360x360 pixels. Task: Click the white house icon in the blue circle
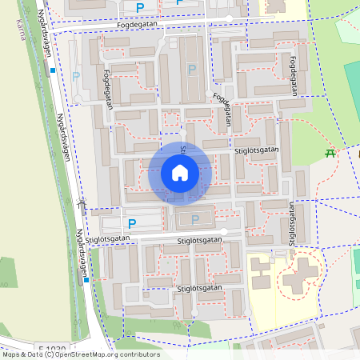click(180, 173)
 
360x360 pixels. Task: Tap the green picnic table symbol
click(330, 153)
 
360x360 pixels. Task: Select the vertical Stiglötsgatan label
click(293, 222)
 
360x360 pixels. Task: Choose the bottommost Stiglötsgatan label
click(199, 288)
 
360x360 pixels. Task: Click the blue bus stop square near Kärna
click(53, 70)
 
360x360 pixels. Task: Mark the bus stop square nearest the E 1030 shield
click(86, 280)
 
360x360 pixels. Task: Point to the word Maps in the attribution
click(11, 354)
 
